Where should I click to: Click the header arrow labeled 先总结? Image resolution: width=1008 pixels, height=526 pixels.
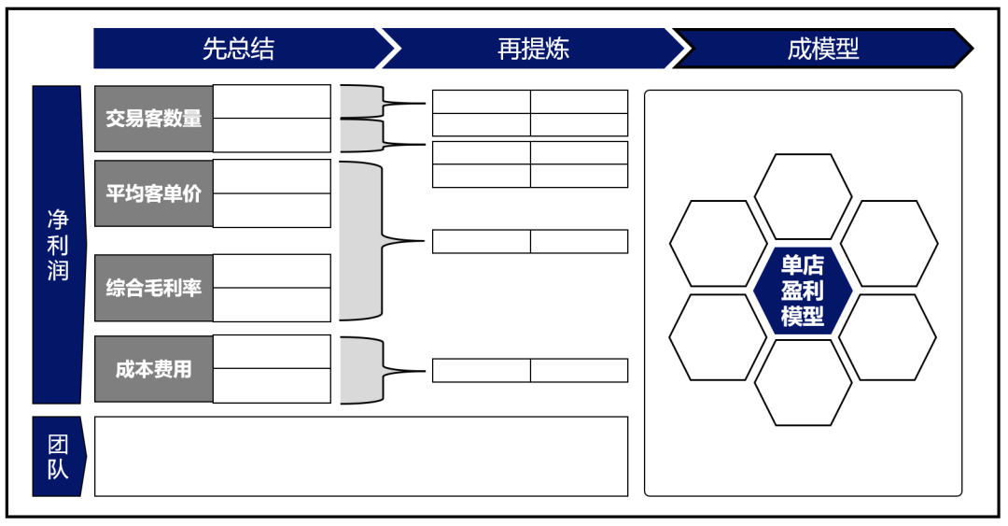point(239,49)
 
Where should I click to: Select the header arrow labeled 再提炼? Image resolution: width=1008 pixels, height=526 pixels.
point(533,49)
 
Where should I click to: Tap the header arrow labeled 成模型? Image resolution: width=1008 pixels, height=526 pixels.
point(822,49)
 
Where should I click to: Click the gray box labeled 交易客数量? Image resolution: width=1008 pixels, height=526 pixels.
point(154,119)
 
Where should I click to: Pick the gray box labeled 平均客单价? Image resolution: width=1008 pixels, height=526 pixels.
point(154,193)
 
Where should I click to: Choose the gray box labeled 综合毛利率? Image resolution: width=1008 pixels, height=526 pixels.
point(154,288)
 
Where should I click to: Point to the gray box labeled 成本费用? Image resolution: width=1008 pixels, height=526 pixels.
point(154,369)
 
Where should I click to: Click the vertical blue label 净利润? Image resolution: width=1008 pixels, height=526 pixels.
point(58,245)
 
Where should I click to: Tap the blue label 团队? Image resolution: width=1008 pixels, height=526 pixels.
point(58,457)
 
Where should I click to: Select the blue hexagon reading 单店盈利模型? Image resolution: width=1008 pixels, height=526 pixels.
point(803,290)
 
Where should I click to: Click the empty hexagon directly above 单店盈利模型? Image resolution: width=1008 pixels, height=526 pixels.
point(803,197)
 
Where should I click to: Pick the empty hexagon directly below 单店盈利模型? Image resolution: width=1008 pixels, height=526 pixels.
point(803,382)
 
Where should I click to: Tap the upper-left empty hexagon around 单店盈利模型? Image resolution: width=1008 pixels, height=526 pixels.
point(718,243)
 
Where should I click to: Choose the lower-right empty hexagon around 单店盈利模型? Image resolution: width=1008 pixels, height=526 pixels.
point(888,336)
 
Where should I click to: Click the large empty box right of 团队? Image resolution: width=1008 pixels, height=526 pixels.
point(361,456)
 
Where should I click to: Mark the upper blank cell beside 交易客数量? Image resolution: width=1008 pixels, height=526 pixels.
point(272,102)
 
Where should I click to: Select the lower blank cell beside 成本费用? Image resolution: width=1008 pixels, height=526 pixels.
point(272,386)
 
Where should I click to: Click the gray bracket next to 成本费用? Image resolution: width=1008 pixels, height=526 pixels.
point(360,370)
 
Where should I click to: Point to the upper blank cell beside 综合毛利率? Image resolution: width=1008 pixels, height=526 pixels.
point(272,271)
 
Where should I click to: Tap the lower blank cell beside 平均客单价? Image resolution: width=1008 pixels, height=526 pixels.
point(272,210)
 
